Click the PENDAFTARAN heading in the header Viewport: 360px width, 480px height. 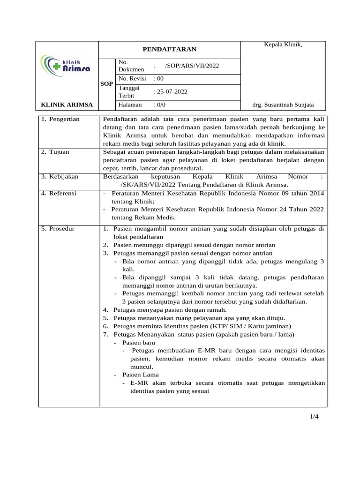169,49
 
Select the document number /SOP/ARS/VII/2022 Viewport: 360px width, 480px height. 192,66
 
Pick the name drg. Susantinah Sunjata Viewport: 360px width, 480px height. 283,105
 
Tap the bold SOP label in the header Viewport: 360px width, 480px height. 106,84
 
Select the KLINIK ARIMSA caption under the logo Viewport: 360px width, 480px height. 67,105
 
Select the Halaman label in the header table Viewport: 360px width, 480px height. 130,105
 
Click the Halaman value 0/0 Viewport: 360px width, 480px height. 160,105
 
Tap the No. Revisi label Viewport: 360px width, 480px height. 133,78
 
